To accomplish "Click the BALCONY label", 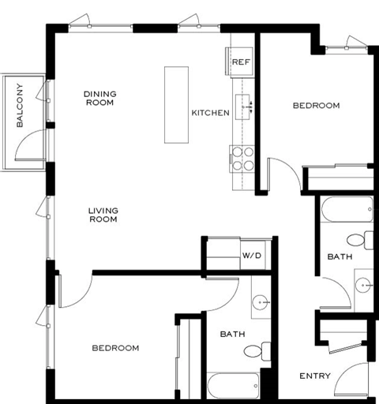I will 20,105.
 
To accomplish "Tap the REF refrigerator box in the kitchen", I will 240,61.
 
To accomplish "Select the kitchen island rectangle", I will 177,104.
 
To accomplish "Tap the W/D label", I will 251,256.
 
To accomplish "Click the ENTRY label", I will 315,376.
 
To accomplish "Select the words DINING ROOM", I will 100,99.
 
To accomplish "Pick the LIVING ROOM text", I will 103,215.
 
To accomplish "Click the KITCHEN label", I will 210,113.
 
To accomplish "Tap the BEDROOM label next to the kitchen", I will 316,106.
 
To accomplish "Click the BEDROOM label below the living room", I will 115,348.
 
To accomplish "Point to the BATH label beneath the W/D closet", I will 232,335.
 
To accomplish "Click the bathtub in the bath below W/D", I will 234,387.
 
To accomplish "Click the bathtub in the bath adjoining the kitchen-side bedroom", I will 346,211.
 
